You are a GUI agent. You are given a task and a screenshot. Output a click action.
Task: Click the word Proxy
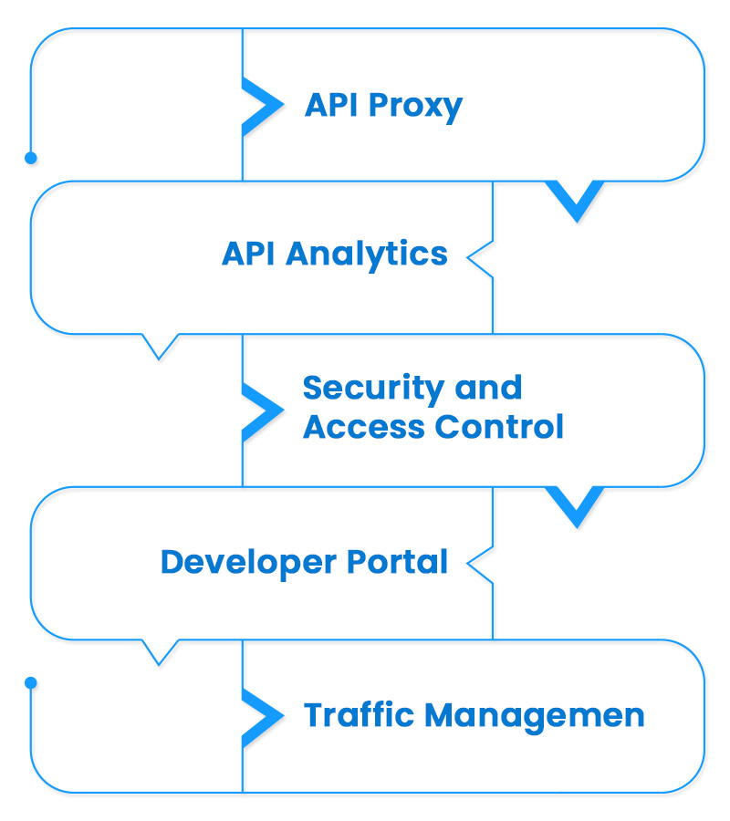[415, 107]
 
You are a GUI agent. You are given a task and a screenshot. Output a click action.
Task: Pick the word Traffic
[358, 714]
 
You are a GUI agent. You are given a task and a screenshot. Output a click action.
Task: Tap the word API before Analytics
[249, 255]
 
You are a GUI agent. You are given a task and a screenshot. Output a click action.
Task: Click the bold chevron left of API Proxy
[262, 106]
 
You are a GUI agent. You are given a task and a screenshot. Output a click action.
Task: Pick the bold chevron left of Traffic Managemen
[262, 714]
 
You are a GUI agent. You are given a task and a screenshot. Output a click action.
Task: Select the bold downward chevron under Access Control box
[575, 507]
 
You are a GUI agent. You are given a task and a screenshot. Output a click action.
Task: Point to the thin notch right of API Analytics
[478, 258]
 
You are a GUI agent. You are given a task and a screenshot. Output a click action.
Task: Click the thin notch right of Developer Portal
[478, 564]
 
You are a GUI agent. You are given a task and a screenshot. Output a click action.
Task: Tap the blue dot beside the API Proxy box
[31, 158]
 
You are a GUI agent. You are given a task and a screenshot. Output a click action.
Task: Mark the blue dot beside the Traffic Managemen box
[31, 682]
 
